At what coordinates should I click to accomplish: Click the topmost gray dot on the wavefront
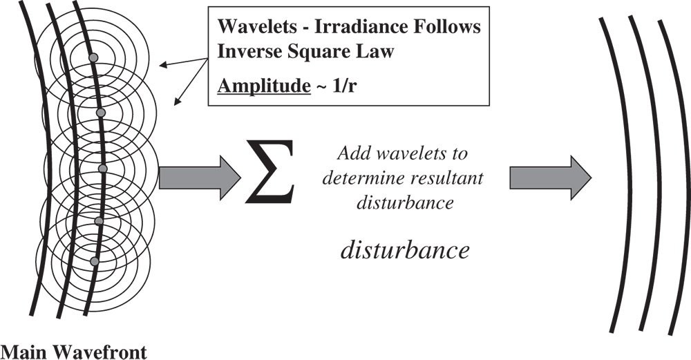coord(94,57)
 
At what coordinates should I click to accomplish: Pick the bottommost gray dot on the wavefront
coord(95,261)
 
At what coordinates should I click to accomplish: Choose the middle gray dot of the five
coord(103,169)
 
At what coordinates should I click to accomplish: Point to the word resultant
coord(450,179)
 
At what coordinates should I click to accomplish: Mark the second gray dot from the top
coord(100,112)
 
